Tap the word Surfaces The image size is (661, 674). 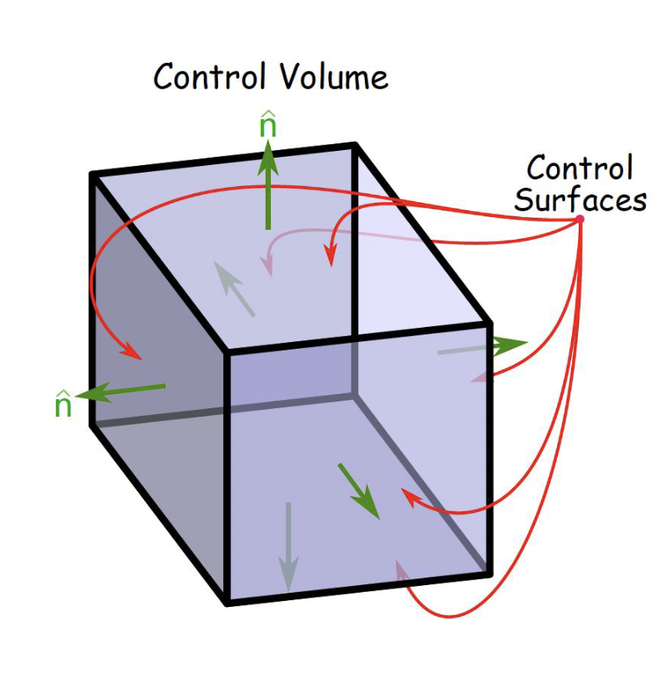(580, 200)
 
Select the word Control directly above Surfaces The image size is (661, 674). (579, 169)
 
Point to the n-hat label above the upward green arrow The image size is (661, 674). (268, 126)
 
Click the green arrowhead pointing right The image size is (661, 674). (510, 344)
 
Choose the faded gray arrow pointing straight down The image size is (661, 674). (288, 545)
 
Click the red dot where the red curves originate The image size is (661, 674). (579, 220)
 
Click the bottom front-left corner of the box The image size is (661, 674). (228, 602)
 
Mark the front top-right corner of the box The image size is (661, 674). (490, 324)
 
